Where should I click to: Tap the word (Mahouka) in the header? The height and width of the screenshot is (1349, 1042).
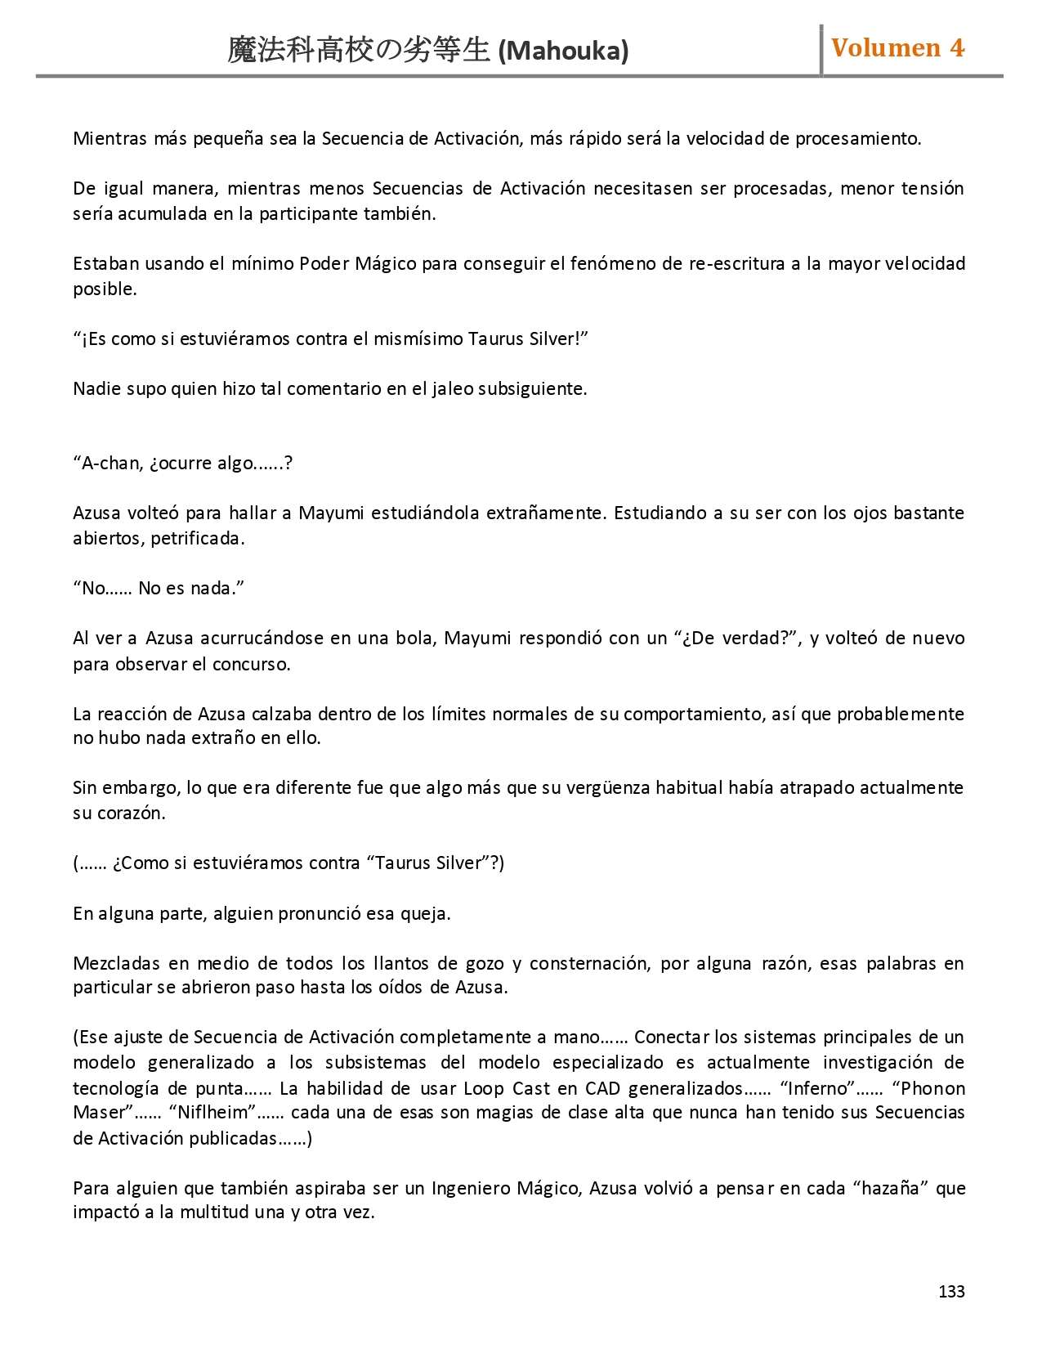[x=563, y=51]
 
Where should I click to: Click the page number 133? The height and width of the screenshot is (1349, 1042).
[x=951, y=1291]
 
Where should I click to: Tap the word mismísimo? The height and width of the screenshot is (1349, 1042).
[x=418, y=338]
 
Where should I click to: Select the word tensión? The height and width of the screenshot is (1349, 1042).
[x=932, y=188]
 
